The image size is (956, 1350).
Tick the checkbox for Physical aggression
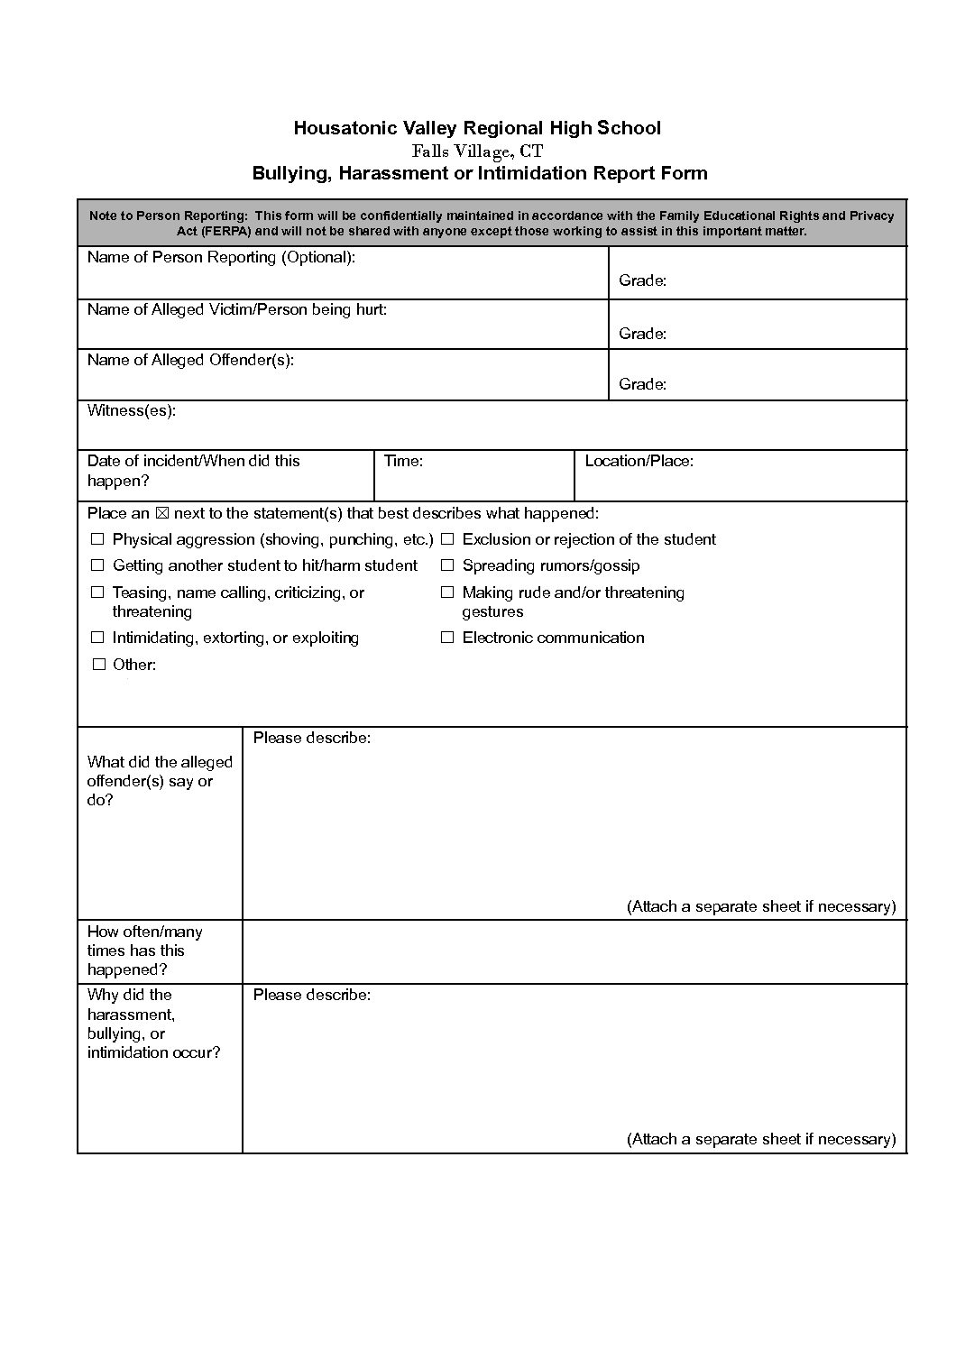pyautogui.click(x=97, y=540)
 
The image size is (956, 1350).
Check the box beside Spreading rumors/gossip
pyautogui.click(x=447, y=566)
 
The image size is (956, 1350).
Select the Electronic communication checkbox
pyautogui.click(x=447, y=638)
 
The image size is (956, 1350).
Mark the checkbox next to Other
pyautogui.click(x=98, y=666)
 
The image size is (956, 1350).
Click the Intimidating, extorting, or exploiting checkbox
pyautogui.click(x=97, y=638)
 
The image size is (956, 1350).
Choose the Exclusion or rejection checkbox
pyautogui.click(x=447, y=540)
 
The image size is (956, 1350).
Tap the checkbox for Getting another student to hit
pyautogui.click(x=97, y=566)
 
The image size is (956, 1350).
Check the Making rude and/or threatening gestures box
pyautogui.click(x=447, y=593)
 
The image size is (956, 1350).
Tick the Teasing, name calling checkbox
pyautogui.click(x=97, y=593)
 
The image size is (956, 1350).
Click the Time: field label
pyautogui.click(x=403, y=462)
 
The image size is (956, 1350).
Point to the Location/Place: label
pyautogui.click(x=639, y=462)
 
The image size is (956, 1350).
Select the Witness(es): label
pyautogui.click(x=132, y=411)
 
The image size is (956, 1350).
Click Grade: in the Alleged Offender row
pyautogui.click(x=642, y=385)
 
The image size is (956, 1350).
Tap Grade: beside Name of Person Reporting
pyautogui.click(x=642, y=281)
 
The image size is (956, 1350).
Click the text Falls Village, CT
pyautogui.click(x=477, y=151)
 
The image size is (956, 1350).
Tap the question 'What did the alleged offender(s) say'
pyautogui.click(x=160, y=772)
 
